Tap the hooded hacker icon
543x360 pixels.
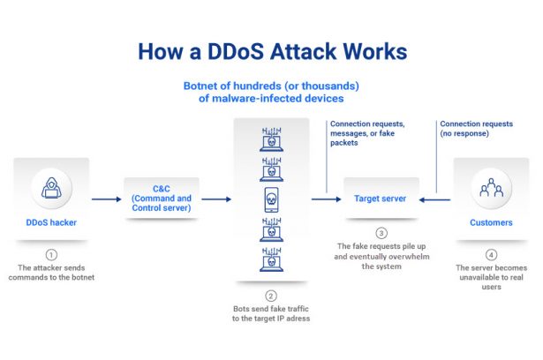click(50, 187)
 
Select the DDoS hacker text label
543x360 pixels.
click(50, 222)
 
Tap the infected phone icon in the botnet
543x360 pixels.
click(271, 199)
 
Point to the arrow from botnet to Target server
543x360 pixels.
click(324, 199)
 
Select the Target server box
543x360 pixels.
click(381, 199)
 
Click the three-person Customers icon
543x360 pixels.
click(490, 188)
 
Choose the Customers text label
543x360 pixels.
click(490, 222)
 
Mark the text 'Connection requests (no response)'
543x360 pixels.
click(476, 130)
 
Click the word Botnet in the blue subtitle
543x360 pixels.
click(204, 86)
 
